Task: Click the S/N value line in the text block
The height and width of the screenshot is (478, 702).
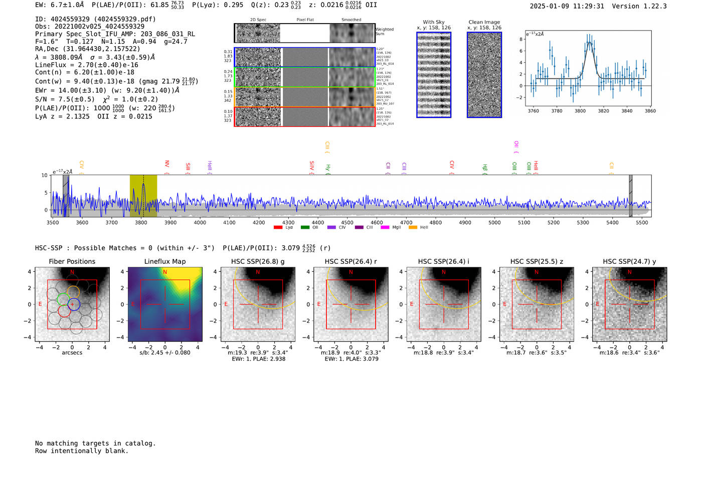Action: click(65, 99)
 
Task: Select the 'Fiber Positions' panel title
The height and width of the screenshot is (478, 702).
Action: click(72, 261)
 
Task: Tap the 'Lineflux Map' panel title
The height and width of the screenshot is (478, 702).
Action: click(165, 261)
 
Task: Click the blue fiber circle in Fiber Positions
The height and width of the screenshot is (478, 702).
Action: click(74, 304)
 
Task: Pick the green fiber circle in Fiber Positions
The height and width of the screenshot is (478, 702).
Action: click(63, 299)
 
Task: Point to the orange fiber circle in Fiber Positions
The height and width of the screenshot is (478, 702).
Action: click(73, 292)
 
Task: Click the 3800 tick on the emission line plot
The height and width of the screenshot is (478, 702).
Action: click(580, 111)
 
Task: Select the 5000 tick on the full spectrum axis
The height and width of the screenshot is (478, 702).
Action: click(494, 223)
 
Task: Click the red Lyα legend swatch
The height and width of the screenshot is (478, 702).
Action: click(278, 228)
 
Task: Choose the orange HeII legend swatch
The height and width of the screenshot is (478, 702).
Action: click(413, 228)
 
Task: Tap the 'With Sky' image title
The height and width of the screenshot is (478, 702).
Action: click(434, 22)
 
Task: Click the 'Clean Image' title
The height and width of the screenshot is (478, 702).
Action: click(484, 22)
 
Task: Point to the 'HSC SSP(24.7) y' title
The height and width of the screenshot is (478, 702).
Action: click(629, 261)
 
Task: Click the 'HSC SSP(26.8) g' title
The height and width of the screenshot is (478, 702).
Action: click(258, 261)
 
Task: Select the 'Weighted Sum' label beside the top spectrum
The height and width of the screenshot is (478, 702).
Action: click(385, 31)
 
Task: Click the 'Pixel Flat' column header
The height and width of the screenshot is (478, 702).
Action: click(305, 20)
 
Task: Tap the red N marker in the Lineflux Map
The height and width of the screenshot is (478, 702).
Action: click(165, 272)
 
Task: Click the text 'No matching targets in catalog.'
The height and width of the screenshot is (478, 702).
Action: click(95, 443)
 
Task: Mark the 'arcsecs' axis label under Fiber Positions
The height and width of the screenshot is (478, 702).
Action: click(72, 353)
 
